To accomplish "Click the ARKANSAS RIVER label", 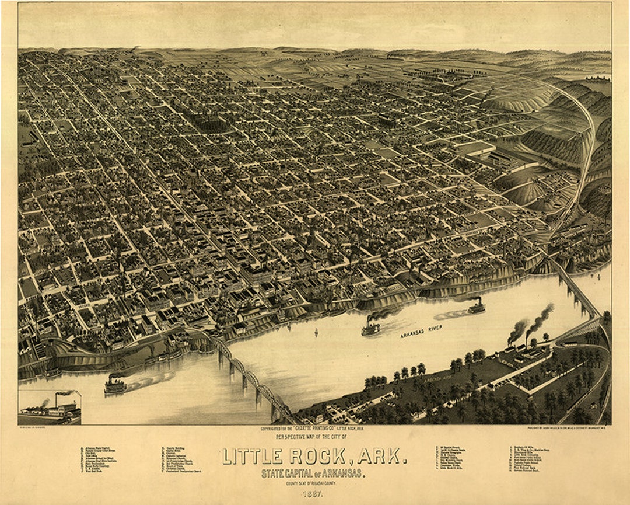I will [421, 332].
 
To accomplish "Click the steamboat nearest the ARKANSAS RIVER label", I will [371, 327].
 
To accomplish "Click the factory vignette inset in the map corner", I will [50, 407].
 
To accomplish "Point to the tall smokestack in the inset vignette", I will [57, 399].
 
